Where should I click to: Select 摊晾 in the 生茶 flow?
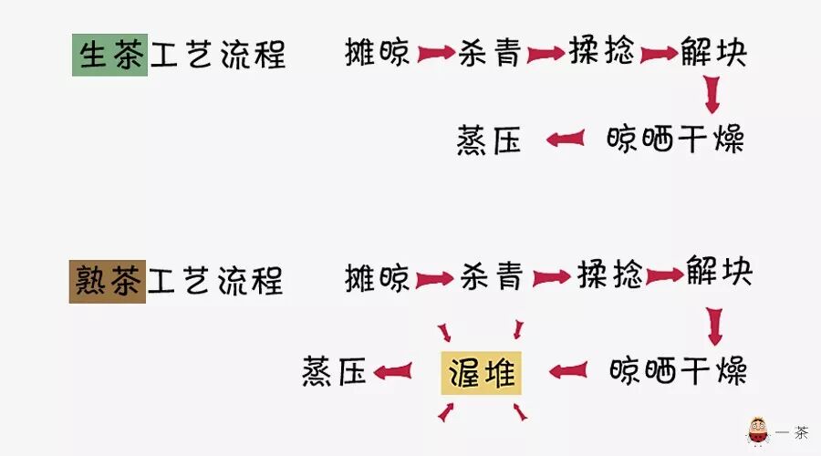[378, 53]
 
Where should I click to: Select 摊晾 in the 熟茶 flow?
[378, 277]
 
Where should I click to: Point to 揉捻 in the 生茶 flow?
[601, 51]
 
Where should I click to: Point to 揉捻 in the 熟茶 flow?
[610, 275]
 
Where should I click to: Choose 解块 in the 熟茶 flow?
[719, 272]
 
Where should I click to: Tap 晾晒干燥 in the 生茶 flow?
[675, 140]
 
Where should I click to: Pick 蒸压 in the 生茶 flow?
[489, 141]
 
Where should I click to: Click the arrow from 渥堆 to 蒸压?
[392, 371]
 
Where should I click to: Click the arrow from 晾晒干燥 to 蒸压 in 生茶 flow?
[566, 140]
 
